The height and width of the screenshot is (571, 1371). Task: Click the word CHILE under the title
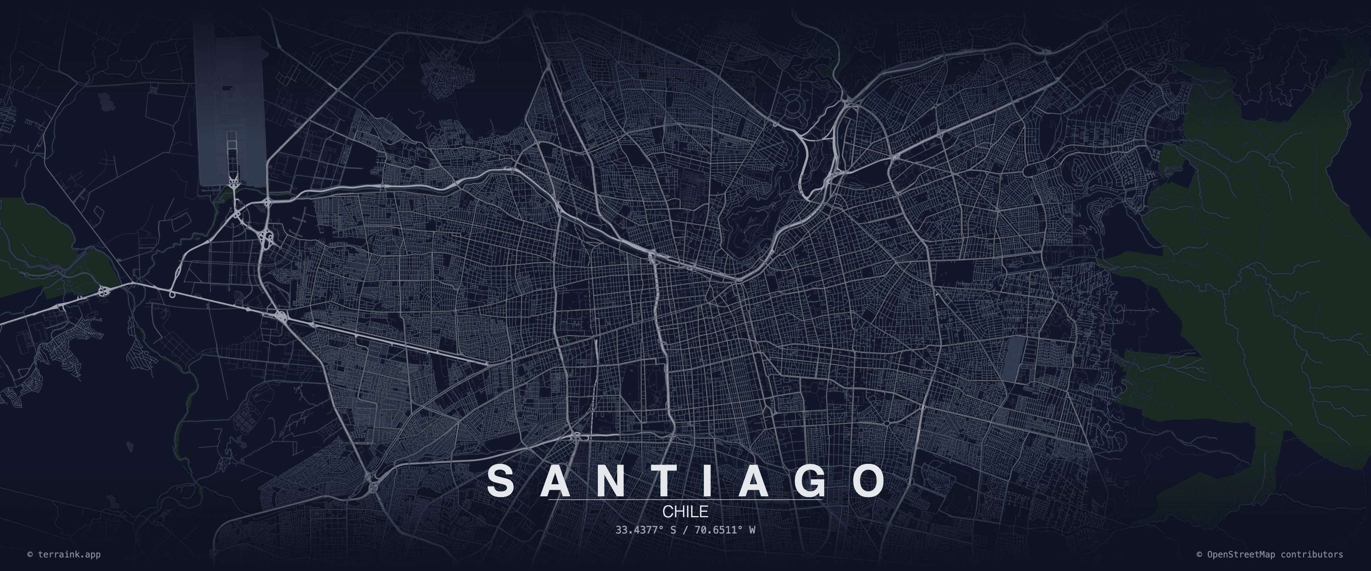(x=685, y=511)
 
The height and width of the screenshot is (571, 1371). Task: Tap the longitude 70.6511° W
(x=725, y=530)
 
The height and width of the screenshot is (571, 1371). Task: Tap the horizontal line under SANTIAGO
(x=685, y=500)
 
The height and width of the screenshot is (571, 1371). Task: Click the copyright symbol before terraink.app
(x=30, y=554)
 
